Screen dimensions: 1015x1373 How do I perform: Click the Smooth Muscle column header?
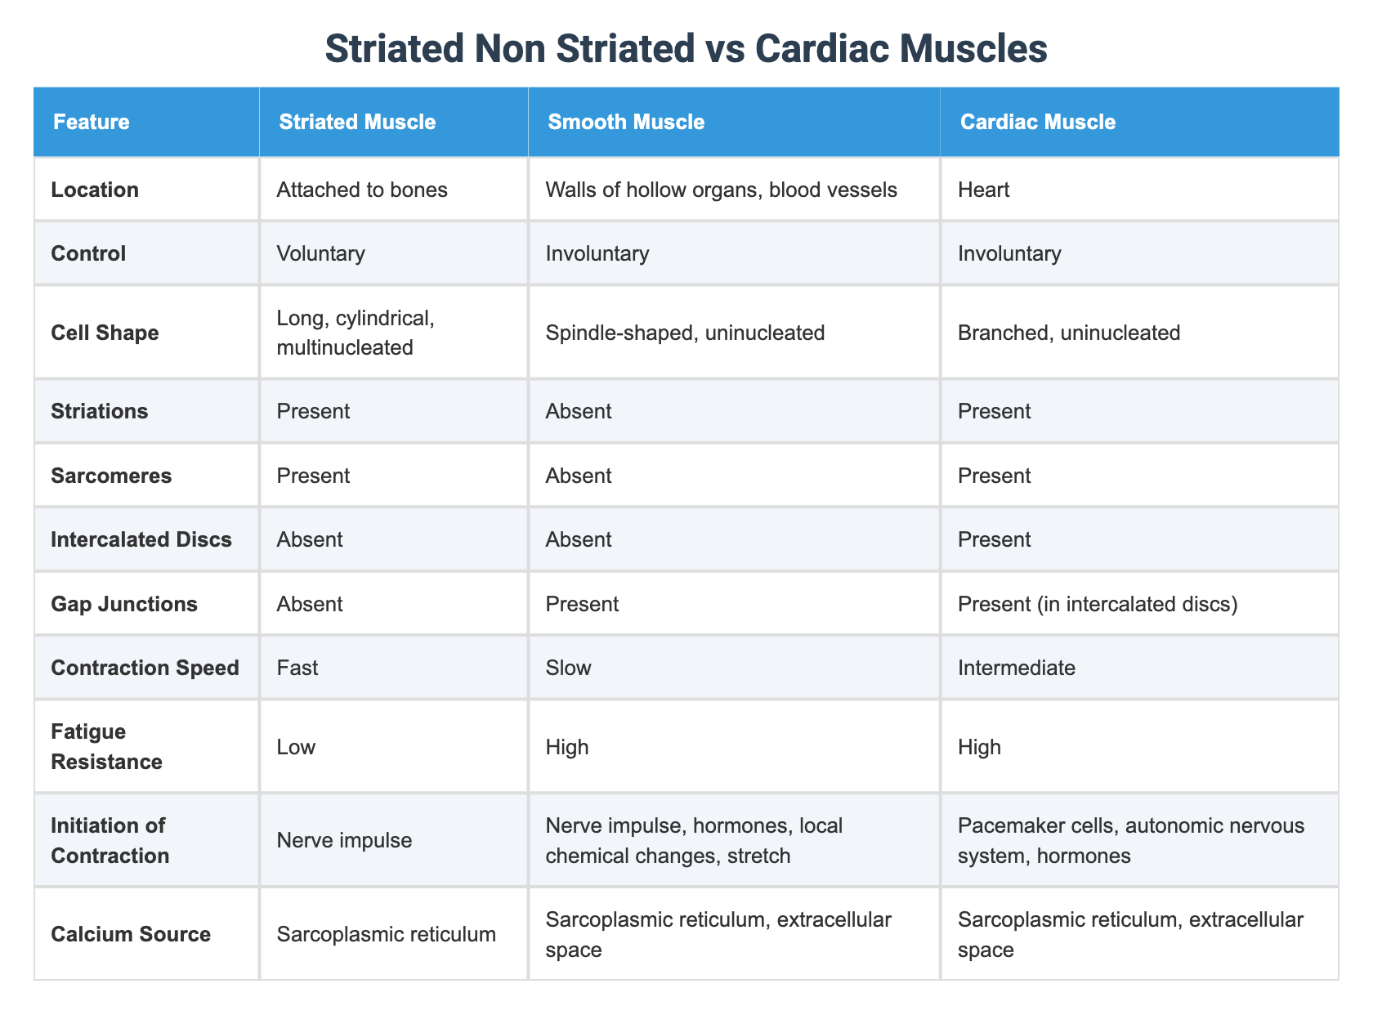(626, 123)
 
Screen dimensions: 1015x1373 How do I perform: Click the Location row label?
(95, 190)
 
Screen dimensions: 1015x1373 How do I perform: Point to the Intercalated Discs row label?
(141, 539)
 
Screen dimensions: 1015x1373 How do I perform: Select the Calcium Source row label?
(131, 934)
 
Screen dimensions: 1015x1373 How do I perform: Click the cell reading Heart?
(985, 190)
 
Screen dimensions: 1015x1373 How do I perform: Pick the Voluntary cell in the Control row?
(320, 253)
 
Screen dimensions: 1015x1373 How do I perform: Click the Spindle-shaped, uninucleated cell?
(685, 333)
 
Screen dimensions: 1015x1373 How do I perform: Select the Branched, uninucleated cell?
(1070, 333)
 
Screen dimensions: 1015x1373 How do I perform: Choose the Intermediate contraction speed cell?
(1017, 668)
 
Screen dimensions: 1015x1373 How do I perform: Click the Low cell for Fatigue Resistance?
(296, 747)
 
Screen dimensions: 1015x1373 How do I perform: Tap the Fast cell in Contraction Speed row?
(297, 668)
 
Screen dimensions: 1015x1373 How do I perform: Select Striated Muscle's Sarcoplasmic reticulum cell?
(386, 934)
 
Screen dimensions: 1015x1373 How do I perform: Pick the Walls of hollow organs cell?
(721, 190)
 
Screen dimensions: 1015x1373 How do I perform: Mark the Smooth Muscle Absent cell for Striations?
(578, 411)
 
